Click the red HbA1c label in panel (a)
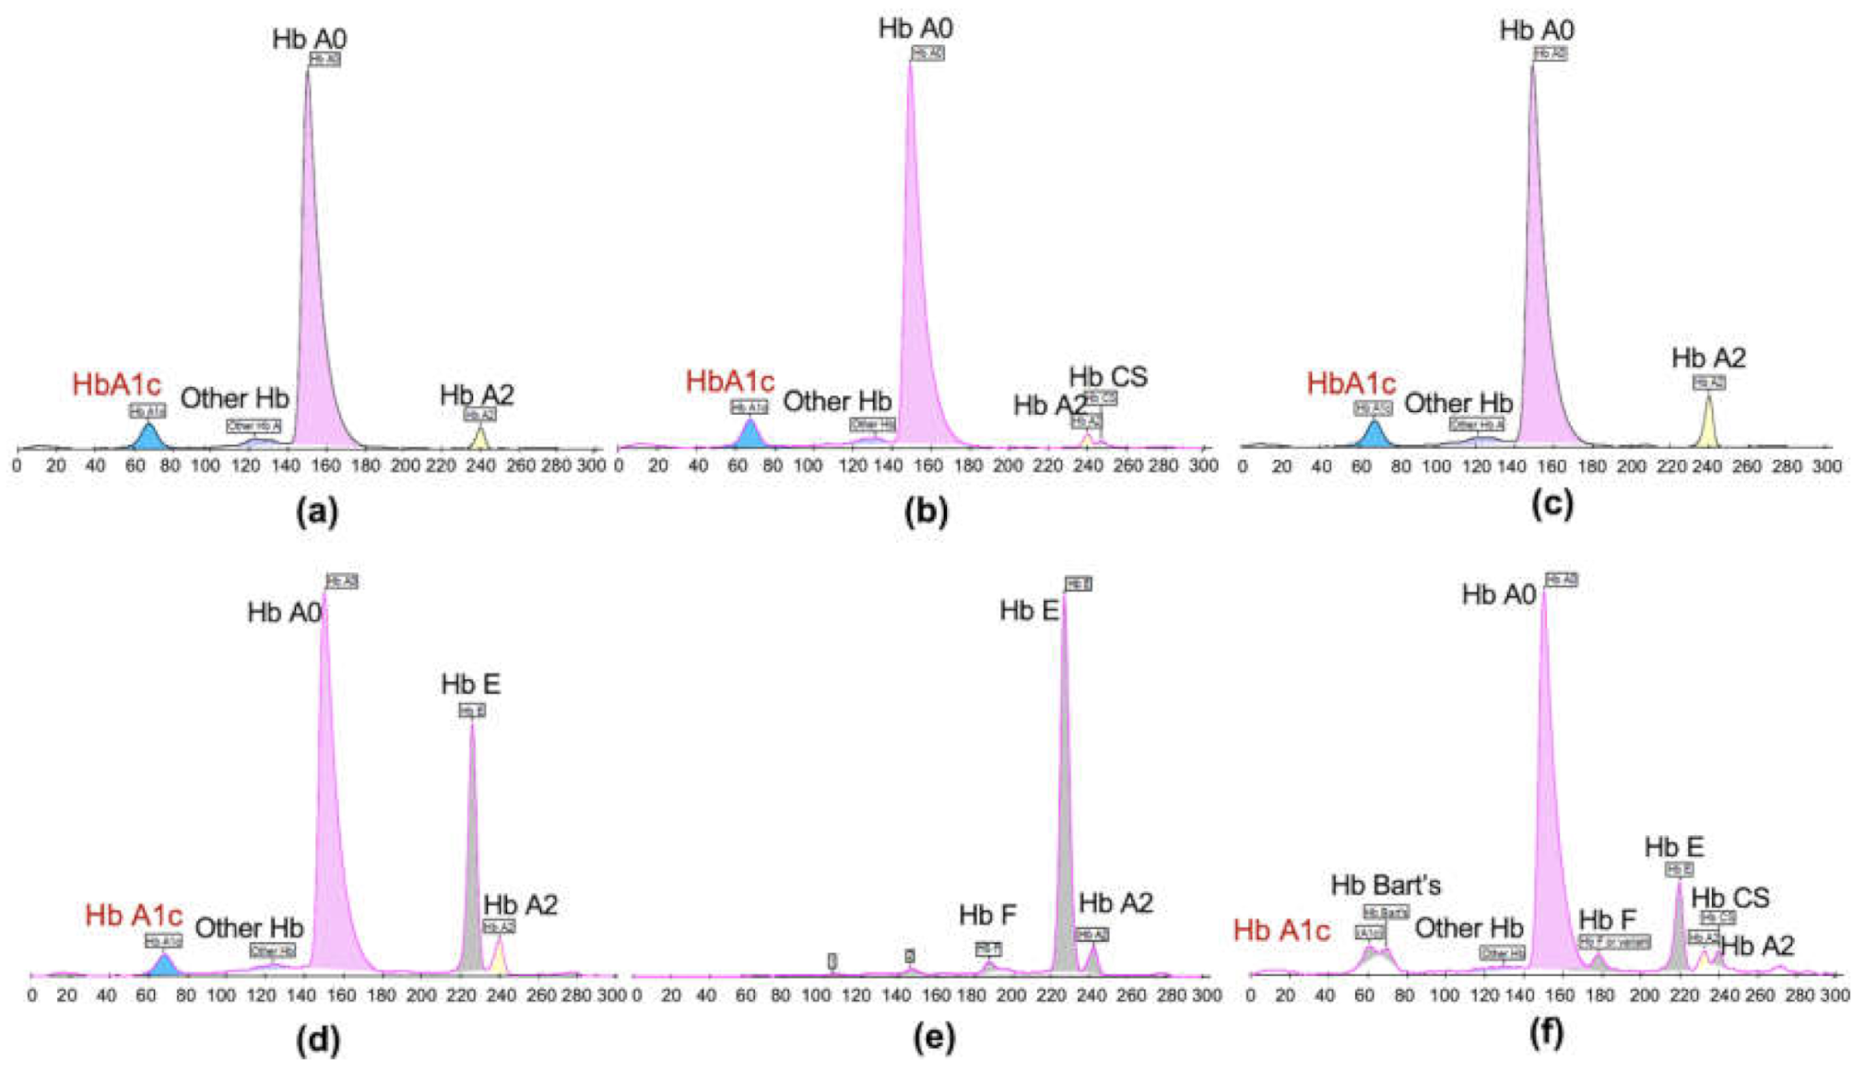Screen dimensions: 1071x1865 [116, 384]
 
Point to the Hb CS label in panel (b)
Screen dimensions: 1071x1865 [1108, 376]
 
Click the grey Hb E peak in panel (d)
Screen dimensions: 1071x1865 [472, 876]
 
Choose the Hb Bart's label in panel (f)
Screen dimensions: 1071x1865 [1385, 886]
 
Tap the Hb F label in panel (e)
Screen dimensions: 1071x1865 [987, 915]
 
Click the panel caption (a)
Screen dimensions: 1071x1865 [317, 510]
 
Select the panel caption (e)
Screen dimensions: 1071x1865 [934, 1038]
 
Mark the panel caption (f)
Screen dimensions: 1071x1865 [1546, 1033]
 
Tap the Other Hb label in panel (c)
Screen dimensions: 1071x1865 [1458, 403]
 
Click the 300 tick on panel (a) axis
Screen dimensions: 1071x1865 [591, 466]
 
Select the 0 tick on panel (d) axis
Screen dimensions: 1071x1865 [32, 995]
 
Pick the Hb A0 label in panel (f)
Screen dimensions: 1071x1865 [1499, 595]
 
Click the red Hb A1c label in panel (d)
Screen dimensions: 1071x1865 [134, 915]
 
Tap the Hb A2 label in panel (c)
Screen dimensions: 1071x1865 [1708, 358]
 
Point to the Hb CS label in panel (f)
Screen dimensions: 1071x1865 [1729, 897]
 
